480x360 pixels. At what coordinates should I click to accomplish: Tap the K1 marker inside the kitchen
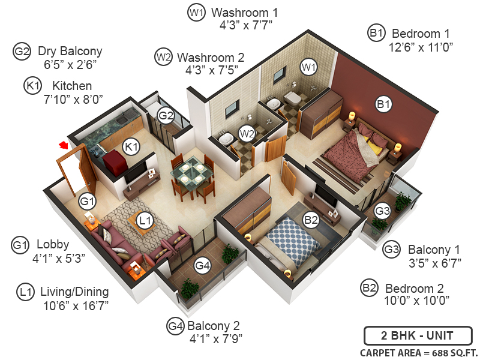point(131,146)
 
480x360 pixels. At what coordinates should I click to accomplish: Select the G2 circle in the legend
point(22,52)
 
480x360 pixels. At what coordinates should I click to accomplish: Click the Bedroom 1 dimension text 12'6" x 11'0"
point(420,46)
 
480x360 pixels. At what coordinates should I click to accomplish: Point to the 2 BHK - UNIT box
point(418,336)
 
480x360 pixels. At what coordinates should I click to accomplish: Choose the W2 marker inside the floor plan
point(247,133)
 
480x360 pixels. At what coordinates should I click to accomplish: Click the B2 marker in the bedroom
point(311,220)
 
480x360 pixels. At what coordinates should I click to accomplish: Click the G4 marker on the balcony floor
point(203,265)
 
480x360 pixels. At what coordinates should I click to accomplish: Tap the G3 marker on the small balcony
point(382,211)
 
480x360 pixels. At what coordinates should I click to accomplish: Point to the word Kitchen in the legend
point(72,86)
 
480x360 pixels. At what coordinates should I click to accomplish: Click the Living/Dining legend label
point(74,292)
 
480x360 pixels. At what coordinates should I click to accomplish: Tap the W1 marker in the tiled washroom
point(308,67)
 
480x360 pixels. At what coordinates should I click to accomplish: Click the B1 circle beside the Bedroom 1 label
point(376,34)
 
